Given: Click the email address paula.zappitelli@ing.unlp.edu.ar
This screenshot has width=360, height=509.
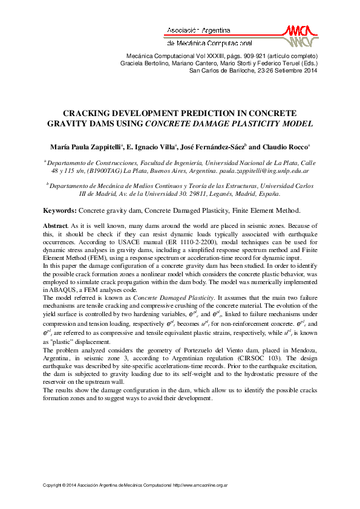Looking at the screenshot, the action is coord(266,172).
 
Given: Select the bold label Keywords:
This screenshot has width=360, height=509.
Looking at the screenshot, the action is coord(59,210).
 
